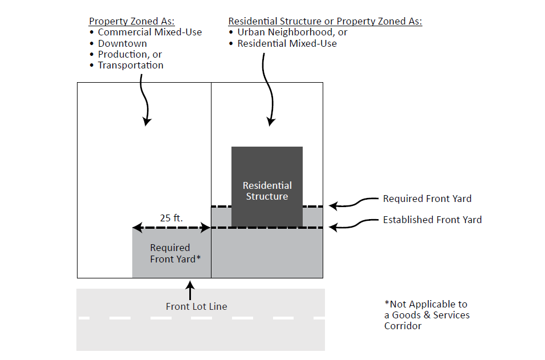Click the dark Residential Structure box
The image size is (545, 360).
click(x=267, y=171)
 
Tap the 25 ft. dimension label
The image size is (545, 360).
click(x=172, y=217)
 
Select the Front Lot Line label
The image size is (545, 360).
click(x=196, y=306)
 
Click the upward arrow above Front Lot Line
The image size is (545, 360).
click(x=190, y=289)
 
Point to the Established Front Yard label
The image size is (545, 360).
click(x=432, y=220)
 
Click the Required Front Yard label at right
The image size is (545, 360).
click(x=427, y=199)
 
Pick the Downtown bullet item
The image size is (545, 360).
click(x=122, y=43)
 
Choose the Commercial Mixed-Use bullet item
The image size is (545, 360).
click(x=149, y=33)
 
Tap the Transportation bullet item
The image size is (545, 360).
click(x=131, y=65)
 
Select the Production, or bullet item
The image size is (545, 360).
click(x=130, y=54)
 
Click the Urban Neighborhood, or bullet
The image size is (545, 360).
click(x=292, y=33)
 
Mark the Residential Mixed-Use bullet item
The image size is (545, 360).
click(x=287, y=43)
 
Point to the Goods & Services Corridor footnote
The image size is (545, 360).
click(x=426, y=315)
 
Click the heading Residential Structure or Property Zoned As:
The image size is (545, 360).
click(x=325, y=22)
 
